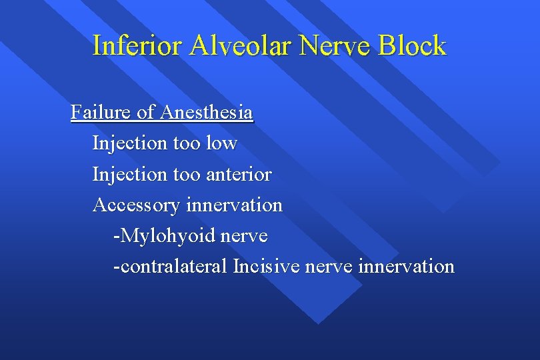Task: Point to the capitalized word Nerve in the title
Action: click(337, 46)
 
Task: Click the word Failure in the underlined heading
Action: click(101, 112)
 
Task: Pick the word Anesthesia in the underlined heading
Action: click(206, 112)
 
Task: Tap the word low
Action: click(221, 143)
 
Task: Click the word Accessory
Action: click(136, 205)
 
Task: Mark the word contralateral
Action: click(171, 267)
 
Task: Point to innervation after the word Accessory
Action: click(234, 205)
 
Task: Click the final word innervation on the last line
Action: click(406, 267)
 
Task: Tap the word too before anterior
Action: click(187, 175)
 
